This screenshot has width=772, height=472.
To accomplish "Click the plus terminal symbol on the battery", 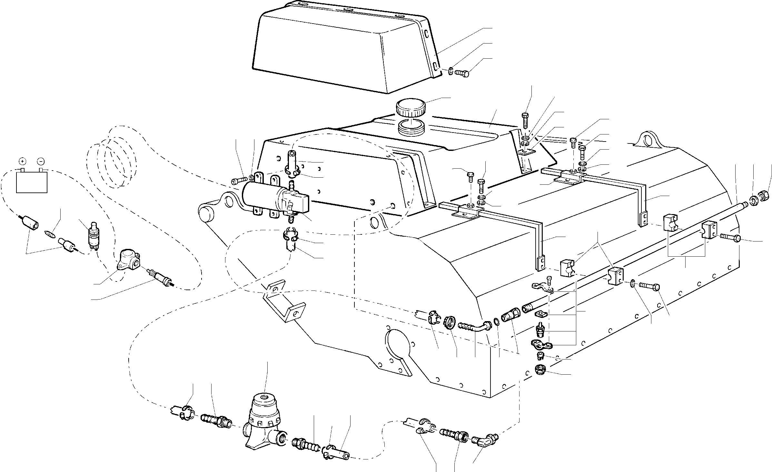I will pos(22,161).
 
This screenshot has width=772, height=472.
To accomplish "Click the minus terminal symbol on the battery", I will pos(41,161).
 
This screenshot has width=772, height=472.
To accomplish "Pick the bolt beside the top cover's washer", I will pos(462,73).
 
